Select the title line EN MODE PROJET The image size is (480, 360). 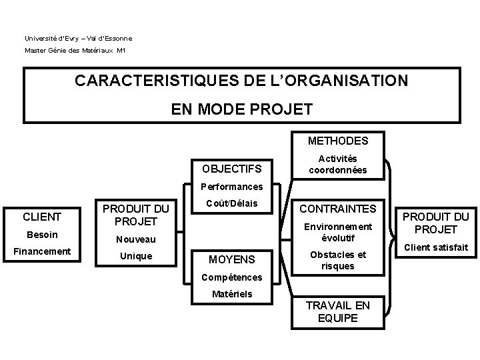[242, 109]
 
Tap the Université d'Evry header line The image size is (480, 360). [79, 38]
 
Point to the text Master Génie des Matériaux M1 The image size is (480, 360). [75, 51]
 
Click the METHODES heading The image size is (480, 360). [337, 141]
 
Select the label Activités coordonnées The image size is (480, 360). [337, 164]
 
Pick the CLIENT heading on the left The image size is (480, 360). [42, 216]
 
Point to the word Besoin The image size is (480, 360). [42, 234]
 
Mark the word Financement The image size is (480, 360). [42, 251]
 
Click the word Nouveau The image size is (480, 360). [135, 239]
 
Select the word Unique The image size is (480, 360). [135, 256]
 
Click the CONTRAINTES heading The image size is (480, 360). [337, 209]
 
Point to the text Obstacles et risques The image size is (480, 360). [337, 260]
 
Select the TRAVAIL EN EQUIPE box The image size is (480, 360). [337, 312]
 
